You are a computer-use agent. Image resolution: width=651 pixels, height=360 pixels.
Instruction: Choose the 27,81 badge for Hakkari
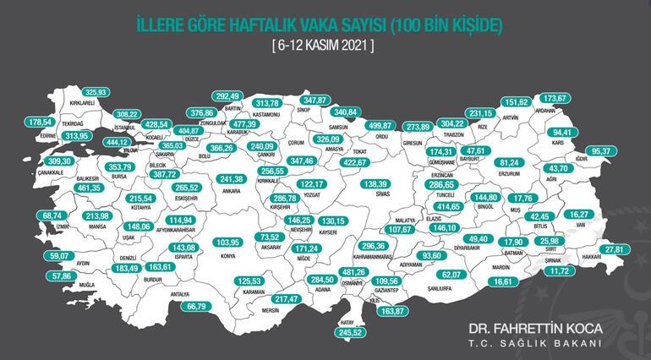click(x=619, y=249)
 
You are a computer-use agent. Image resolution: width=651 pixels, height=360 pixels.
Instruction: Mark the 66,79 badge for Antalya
click(x=196, y=306)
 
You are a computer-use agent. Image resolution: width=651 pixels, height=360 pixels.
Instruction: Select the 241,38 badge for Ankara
click(x=231, y=179)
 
